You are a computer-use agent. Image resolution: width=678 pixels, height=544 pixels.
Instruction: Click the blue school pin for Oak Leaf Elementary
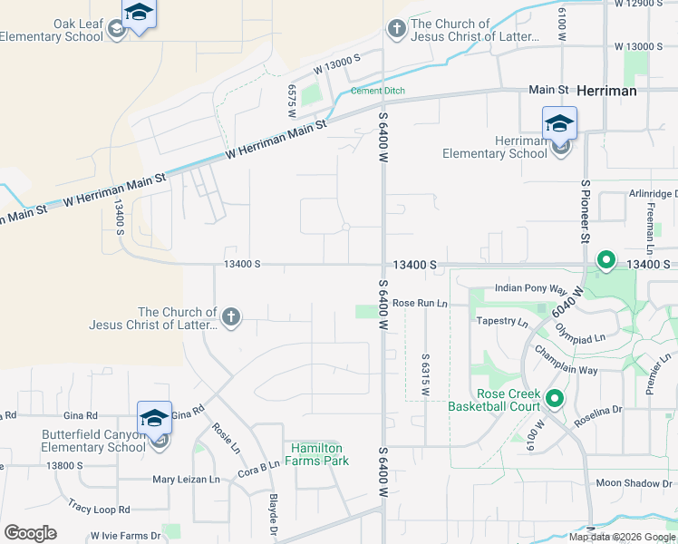point(139,15)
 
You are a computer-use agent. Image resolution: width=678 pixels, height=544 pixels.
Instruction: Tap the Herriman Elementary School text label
point(495,147)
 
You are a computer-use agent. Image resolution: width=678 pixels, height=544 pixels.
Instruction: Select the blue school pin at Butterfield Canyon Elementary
point(154,420)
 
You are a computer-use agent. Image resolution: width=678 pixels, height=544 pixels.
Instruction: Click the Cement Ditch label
point(378,91)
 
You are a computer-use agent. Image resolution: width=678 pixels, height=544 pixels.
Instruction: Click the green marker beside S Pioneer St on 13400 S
point(605,261)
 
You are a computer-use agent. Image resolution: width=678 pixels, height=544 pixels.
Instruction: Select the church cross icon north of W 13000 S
point(396,30)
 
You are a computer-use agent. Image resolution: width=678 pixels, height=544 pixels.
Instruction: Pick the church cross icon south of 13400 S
point(231,317)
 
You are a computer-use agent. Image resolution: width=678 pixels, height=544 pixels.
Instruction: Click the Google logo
point(30,532)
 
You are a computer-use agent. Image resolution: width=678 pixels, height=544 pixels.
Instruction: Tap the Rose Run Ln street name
point(421,303)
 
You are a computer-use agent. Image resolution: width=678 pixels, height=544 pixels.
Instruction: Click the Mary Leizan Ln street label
point(186,479)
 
